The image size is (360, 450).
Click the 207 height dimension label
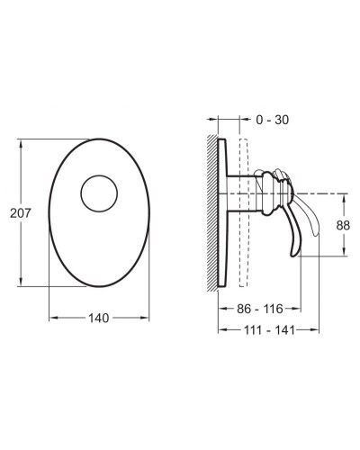21,213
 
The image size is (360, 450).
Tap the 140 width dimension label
99,318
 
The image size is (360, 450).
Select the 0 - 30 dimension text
273,120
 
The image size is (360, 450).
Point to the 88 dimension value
343,225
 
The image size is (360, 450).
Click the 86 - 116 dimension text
260,309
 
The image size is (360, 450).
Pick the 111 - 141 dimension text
269,330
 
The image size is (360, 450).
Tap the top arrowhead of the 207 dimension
21,144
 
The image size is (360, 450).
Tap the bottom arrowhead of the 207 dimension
21,282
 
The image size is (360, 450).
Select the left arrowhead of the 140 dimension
53,318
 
